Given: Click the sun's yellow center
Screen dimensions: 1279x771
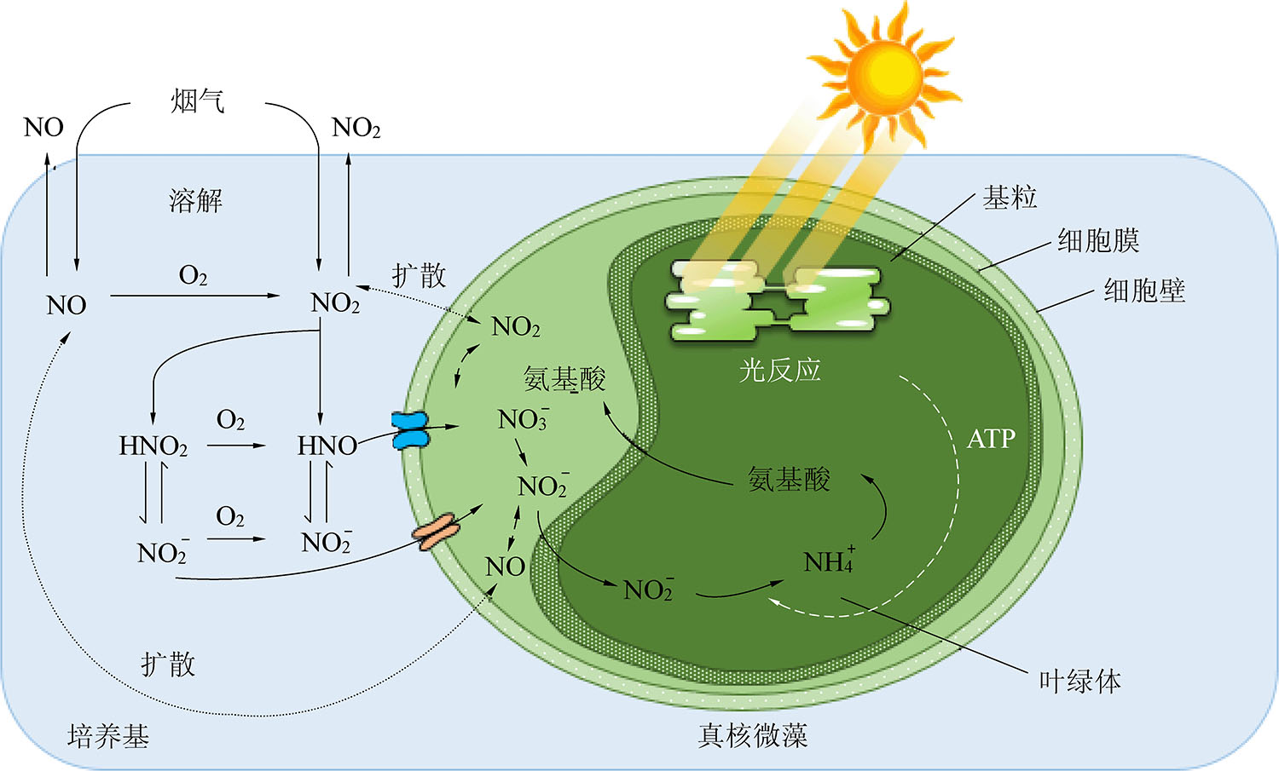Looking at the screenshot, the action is (x=884, y=76).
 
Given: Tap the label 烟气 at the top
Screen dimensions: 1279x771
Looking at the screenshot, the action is (x=198, y=101).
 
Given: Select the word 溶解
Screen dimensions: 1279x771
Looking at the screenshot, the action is (x=195, y=200).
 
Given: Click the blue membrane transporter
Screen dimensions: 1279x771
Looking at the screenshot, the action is (x=410, y=430).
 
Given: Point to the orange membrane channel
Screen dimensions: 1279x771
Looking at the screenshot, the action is (x=436, y=532).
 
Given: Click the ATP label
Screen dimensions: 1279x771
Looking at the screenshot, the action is (x=991, y=439).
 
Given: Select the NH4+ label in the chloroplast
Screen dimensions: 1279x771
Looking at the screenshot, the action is (x=829, y=560).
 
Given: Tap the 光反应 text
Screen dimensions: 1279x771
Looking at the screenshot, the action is (x=779, y=370).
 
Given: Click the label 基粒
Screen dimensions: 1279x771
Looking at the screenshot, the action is (x=1009, y=198).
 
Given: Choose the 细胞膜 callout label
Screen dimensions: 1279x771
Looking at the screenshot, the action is (x=1098, y=240).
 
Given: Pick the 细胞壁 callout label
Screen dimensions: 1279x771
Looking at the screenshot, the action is (x=1144, y=291).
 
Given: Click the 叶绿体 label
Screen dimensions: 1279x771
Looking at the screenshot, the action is (x=1079, y=681).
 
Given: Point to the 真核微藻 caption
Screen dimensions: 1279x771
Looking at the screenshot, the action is (x=753, y=735).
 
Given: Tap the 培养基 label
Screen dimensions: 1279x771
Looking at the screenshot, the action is (x=108, y=735).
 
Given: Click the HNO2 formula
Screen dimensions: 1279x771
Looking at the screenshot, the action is (x=153, y=446).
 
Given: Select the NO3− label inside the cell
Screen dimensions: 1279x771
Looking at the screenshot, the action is (x=524, y=418).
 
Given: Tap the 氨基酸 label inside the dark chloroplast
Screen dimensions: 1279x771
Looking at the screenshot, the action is (x=789, y=479).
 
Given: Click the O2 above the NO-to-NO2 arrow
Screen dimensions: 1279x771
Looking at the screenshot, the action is (x=193, y=275).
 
